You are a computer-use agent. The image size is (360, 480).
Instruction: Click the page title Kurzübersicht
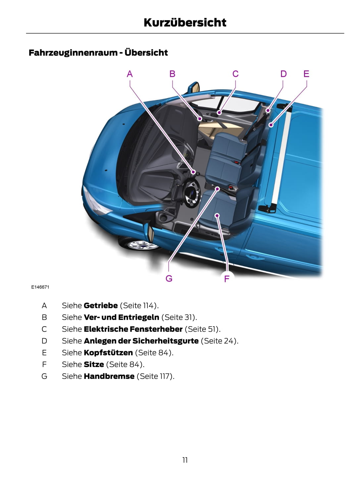click(185, 23)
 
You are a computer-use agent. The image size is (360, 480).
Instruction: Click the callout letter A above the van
click(129, 74)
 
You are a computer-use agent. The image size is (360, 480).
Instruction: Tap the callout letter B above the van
click(172, 74)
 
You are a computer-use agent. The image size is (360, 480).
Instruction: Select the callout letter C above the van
click(235, 74)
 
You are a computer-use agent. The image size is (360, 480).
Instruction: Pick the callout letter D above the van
click(283, 74)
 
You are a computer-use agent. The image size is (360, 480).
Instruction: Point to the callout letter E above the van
click(306, 74)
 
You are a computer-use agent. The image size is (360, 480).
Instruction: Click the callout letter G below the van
click(169, 278)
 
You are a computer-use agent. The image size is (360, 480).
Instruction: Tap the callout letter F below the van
click(227, 279)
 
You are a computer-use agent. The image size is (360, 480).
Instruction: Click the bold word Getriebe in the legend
click(101, 305)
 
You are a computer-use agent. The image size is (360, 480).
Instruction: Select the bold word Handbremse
click(109, 376)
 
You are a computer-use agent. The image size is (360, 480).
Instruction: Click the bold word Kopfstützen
click(108, 352)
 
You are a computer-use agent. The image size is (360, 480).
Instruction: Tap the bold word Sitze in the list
click(94, 364)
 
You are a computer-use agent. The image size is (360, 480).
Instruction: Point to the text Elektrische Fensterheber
click(133, 329)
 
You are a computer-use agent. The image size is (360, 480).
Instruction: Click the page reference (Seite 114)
click(139, 305)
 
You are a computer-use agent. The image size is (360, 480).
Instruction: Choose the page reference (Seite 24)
click(219, 341)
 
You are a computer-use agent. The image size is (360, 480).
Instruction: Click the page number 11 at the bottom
click(185, 460)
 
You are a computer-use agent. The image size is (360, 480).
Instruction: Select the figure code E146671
click(40, 287)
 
